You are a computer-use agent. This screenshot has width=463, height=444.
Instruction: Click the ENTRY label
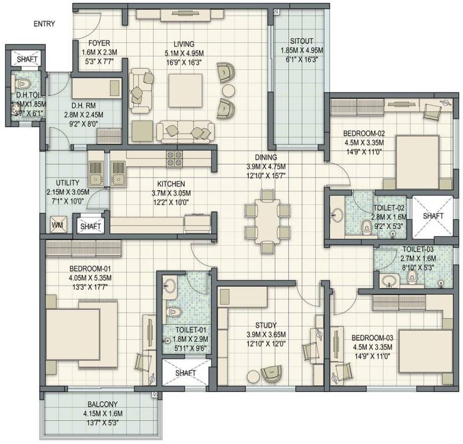coord(45,24)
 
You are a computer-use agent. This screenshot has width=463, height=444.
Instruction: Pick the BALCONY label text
coord(104,405)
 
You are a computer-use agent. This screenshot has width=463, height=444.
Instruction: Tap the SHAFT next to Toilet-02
coord(432,216)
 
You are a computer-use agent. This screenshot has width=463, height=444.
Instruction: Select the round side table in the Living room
coord(229,90)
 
